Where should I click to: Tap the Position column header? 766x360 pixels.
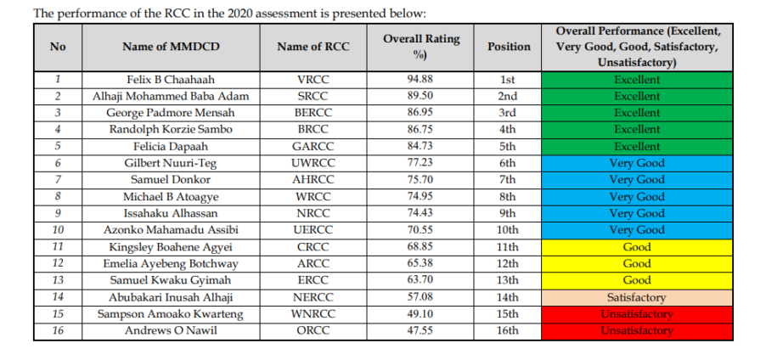[x=509, y=47]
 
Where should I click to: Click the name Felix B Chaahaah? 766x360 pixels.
[x=170, y=80]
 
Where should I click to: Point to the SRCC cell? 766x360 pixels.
[x=313, y=96]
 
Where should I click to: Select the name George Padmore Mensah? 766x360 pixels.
[x=170, y=113]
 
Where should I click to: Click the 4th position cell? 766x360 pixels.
[x=509, y=130]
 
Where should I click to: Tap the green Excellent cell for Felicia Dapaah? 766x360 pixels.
[x=636, y=146]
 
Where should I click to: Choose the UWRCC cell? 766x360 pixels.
[x=313, y=163]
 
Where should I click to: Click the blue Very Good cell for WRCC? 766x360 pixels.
[x=636, y=197]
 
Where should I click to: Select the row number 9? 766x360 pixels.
[x=58, y=213]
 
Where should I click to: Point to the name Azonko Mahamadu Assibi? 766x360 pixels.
[x=170, y=230]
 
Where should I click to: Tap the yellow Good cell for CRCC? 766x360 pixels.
[x=636, y=247]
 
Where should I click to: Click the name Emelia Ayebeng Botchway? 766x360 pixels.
[x=170, y=264]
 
